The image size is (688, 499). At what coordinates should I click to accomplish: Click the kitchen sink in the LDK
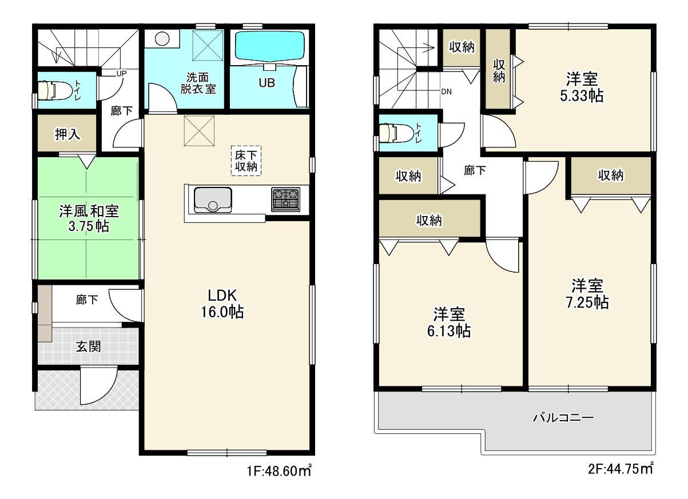pyautogui.click(x=213, y=200)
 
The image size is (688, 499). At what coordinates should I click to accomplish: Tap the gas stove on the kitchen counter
pyautogui.click(x=285, y=199)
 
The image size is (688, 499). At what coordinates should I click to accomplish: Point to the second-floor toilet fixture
pyautogui.click(x=395, y=133)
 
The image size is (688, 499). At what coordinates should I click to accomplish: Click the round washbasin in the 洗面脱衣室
pyautogui.click(x=162, y=39)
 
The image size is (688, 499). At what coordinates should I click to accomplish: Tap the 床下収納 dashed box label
pyautogui.click(x=246, y=161)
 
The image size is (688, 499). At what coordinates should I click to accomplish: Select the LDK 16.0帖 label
pyautogui.click(x=222, y=304)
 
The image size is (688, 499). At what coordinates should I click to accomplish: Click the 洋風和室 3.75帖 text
pyautogui.click(x=89, y=219)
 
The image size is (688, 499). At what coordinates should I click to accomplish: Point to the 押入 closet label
pyautogui.click(x=67, y=134)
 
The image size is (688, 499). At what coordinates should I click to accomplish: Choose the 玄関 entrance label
pyautogui.click(x=89, y=347)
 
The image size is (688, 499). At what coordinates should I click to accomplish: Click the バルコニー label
pyautogui.click(x=563, y=418)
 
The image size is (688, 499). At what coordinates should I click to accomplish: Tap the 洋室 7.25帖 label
pyautogui.click(x=587, y=294)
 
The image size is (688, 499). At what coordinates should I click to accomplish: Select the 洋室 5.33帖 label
pyautogui.click(x=582, y=87)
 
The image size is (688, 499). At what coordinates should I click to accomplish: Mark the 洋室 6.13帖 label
pyautogui.click(x=449, y=322)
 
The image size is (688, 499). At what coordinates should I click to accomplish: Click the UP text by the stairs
pyautogui.click(x=121, y=74)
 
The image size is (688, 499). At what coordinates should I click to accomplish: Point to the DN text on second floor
pyautogui.click(x=446, y=91)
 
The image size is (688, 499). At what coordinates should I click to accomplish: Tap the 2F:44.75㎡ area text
pyautogui.click(x=621, y=469)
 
